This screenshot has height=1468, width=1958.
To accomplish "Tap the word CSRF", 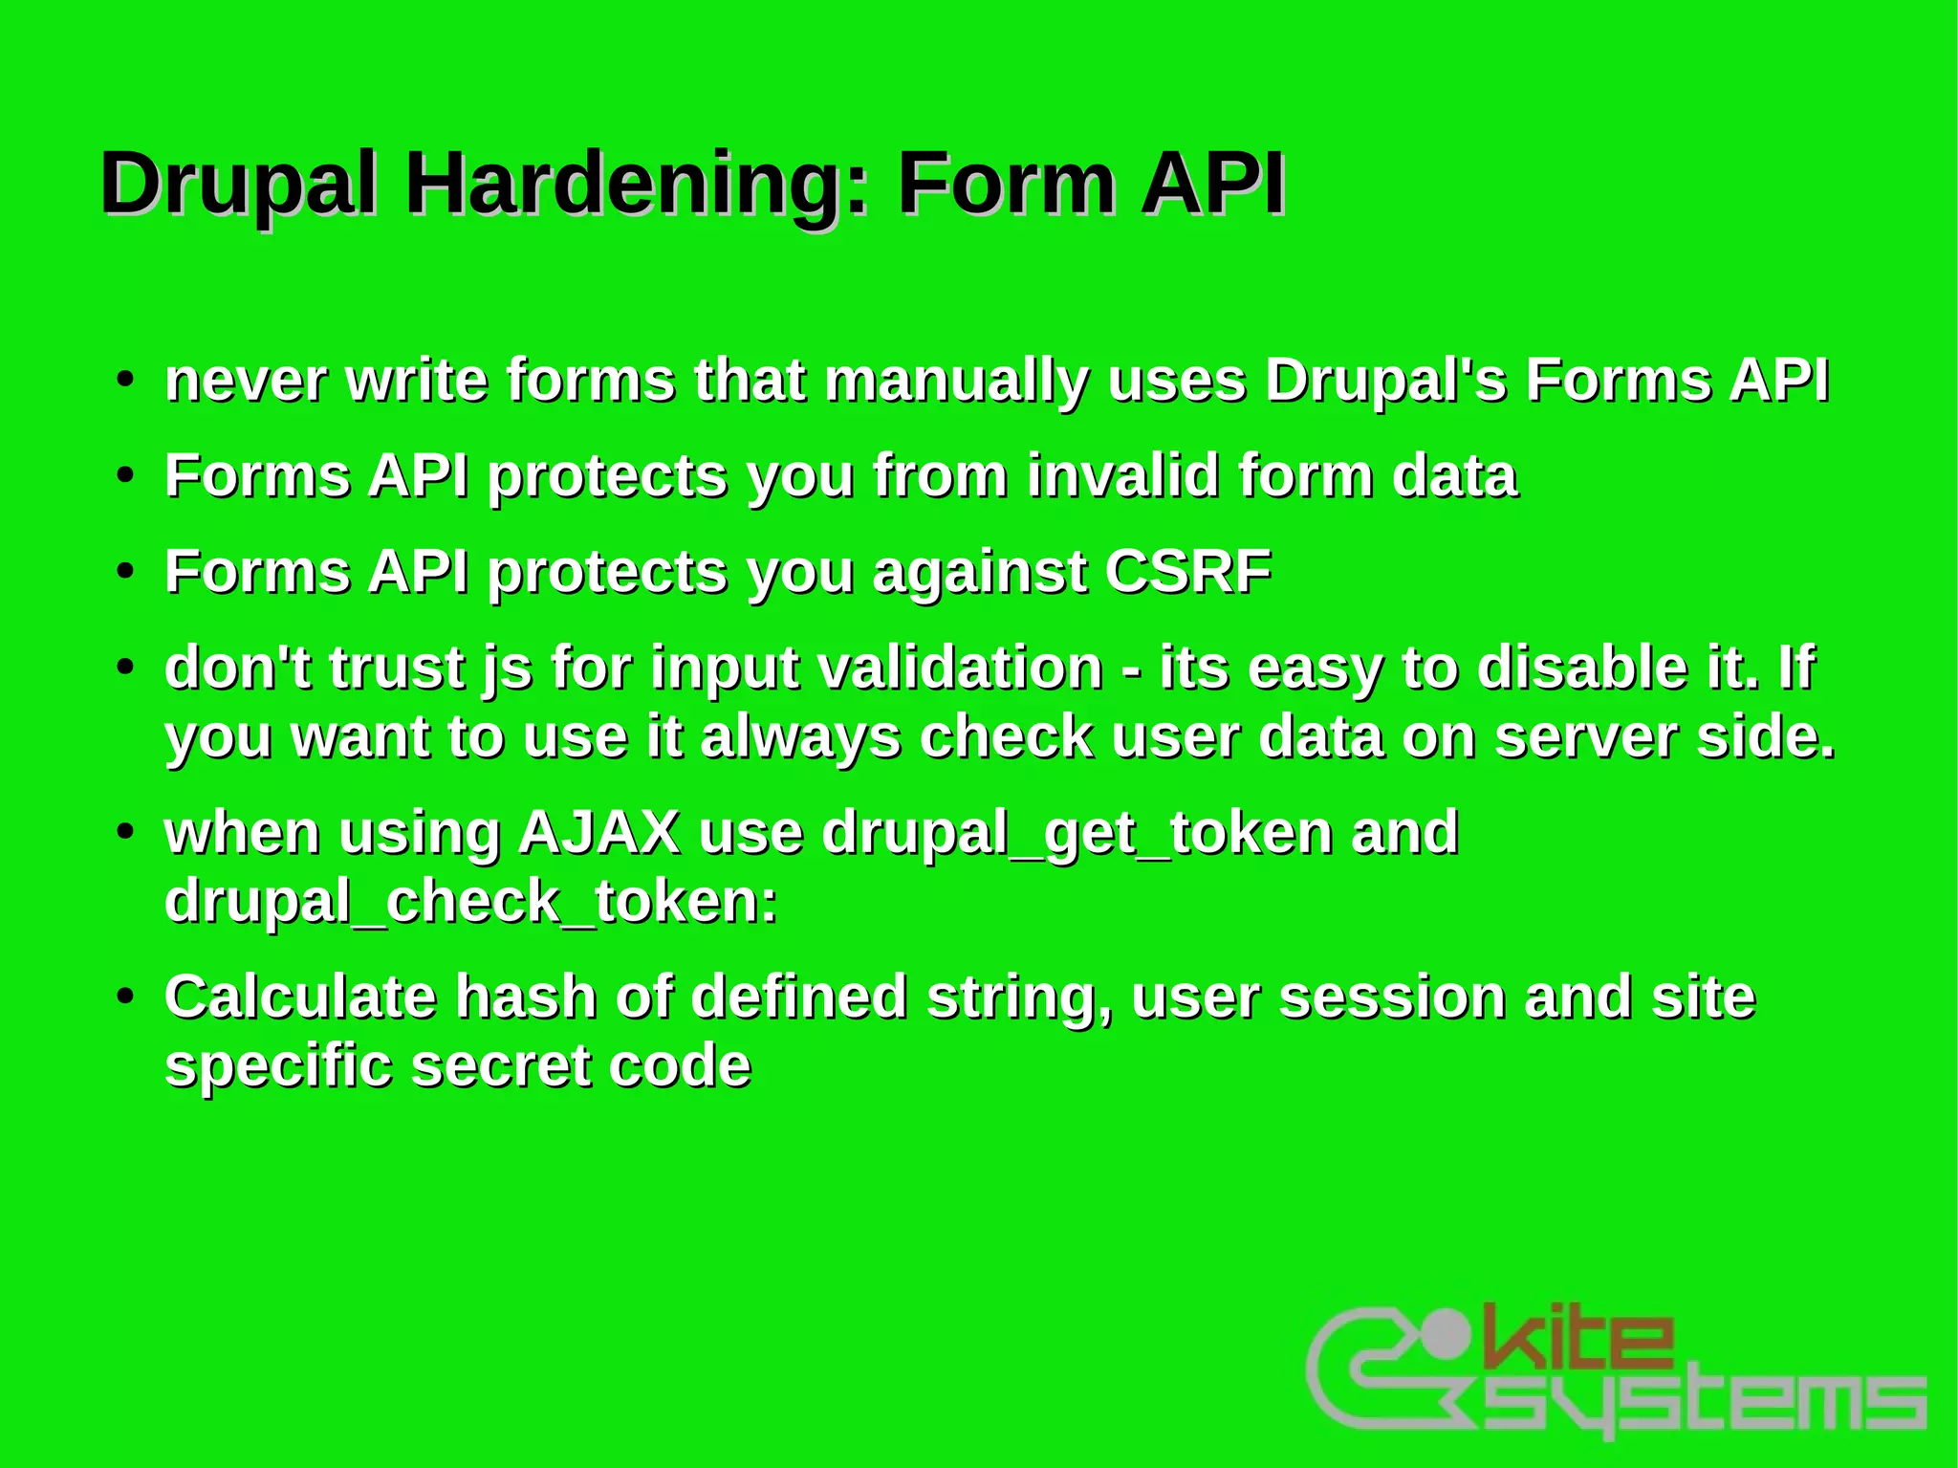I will tap(1187, 572).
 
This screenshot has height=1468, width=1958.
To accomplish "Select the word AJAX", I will tap(598, 833).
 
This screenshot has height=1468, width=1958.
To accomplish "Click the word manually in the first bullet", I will tap(955, 382).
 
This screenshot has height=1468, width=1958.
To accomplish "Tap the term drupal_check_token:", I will tap(470, 903).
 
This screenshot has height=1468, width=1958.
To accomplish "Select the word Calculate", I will tap(299, 997).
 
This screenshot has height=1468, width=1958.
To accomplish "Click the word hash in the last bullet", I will tap(525, 997).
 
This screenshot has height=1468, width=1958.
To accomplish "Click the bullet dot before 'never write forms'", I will tap(124, 380).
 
